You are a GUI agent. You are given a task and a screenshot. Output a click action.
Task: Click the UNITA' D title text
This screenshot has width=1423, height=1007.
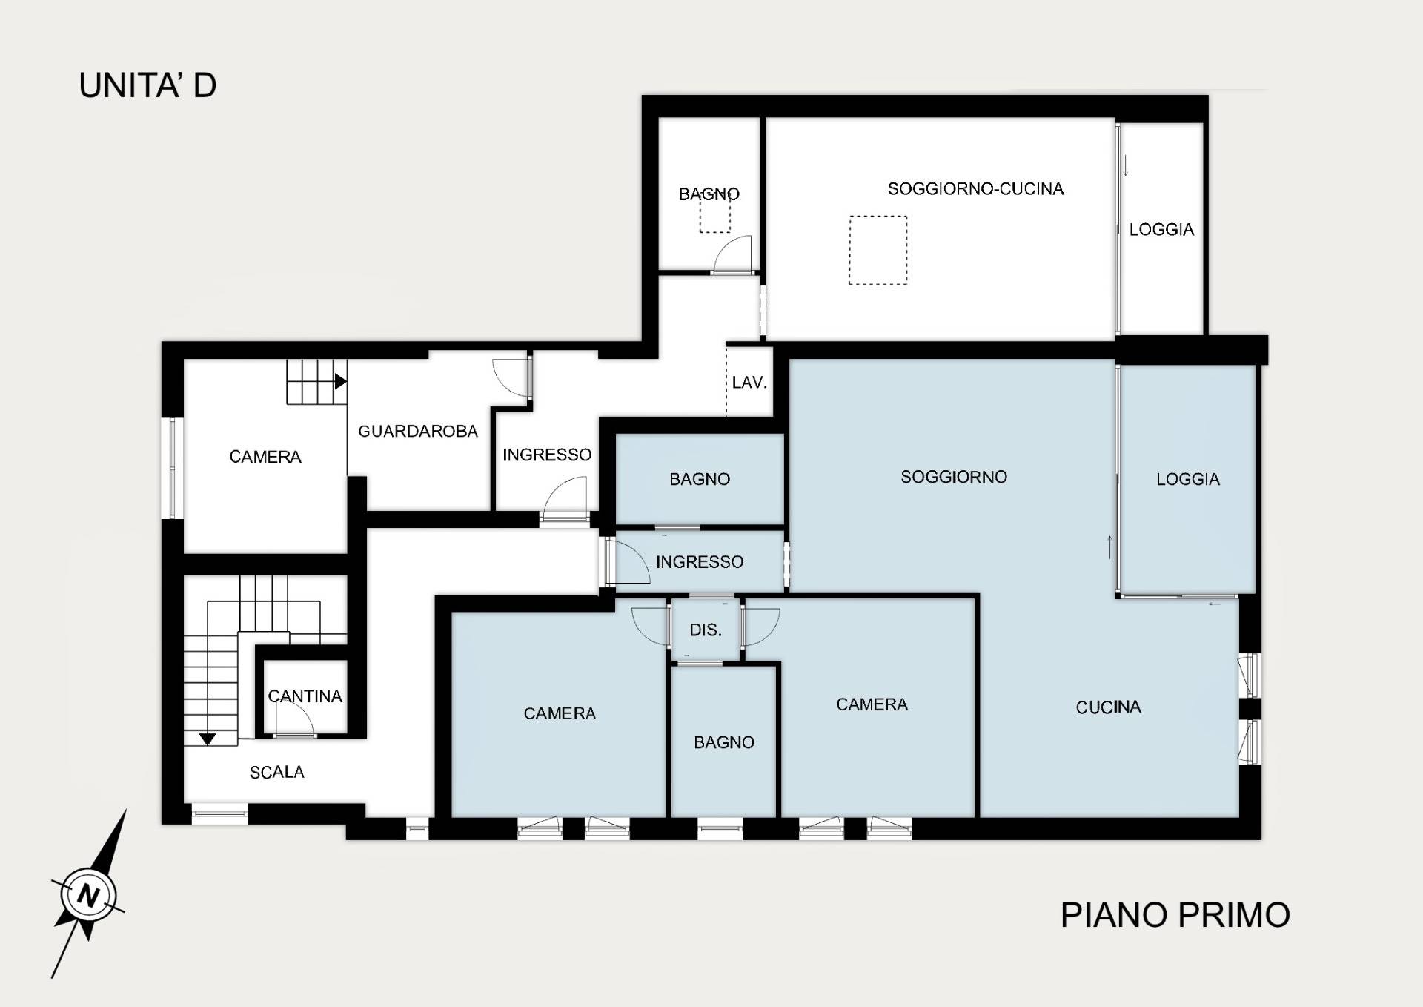pos(147,85)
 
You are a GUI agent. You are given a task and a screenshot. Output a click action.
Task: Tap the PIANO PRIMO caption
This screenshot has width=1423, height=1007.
pos(1175,915)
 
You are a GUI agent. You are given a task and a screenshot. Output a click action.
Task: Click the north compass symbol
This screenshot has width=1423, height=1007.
pos(89,894)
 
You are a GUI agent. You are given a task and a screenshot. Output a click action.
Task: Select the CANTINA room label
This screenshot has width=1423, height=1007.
pos(305,696)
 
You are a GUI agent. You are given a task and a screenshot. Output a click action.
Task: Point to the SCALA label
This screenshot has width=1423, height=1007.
pos(277,773)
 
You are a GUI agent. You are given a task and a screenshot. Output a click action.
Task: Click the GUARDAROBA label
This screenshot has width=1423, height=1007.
pos(418,432)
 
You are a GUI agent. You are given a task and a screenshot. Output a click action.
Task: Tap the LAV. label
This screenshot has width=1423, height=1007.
pos(749,383)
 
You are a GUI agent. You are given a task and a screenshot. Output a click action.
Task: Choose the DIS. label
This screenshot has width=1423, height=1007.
pos(706,630)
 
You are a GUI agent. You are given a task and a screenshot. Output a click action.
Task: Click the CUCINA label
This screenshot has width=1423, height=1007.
pos(1108,707)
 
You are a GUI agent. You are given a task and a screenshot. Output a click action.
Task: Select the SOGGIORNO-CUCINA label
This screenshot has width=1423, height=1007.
pos(975,189)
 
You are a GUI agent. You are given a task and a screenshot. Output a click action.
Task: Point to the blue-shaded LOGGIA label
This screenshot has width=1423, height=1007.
pos(1188,480)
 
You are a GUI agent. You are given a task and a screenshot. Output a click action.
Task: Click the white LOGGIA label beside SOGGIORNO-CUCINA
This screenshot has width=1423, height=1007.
pos(1161,230)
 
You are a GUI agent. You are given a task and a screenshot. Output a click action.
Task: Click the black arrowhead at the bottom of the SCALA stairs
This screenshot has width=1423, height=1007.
pos(208,739)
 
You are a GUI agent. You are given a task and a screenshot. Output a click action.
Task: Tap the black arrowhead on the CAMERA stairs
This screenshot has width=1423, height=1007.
pos(341,382)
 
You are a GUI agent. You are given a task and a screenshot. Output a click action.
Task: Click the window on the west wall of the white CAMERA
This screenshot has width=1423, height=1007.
pos(173,468)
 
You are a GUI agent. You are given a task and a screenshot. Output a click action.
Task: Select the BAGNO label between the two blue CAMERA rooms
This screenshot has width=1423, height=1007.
pos(724,743)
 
